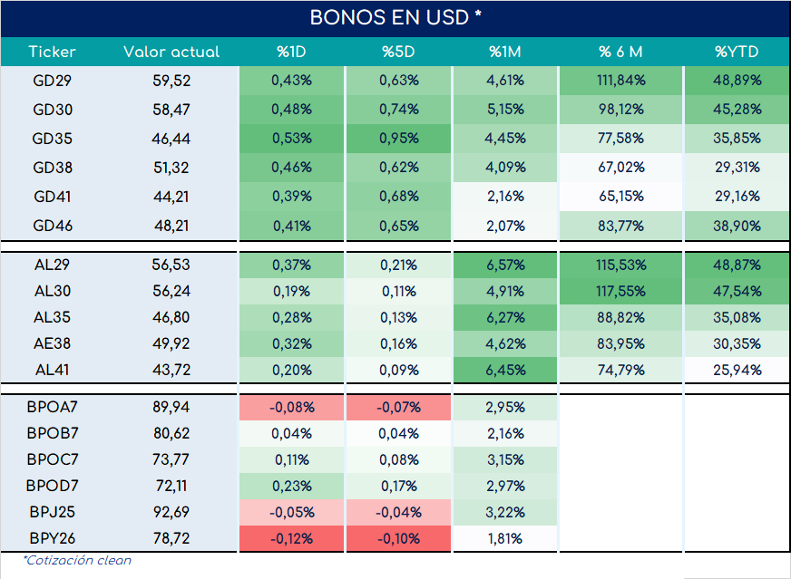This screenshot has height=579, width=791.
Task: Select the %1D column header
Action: tap(291, 52)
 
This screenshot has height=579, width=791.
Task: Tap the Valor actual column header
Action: tap(171, 52)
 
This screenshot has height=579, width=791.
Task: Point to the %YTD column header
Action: tap(737, 52)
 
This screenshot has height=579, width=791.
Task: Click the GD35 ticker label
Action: tap(52, 139)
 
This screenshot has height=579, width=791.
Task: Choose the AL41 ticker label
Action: tap(52, 370)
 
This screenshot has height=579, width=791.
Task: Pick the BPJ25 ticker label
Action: tap(52, 512)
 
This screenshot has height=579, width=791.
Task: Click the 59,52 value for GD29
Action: tap(171, 81)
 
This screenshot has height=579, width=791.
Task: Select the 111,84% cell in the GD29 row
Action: tap(621, 81)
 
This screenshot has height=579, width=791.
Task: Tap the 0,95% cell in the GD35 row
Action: tap(398, 139)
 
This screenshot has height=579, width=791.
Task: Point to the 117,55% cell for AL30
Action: tap(621, 291)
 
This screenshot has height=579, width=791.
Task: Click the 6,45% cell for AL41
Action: tap(505, 371)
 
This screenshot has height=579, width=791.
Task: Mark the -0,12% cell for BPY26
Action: tap(291, 539)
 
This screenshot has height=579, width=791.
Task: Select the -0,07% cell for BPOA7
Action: tap(398, 407)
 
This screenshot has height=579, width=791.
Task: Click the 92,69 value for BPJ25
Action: tap(171, 512)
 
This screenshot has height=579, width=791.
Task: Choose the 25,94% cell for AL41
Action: tap(737, 371)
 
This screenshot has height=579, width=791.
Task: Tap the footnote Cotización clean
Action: tap(77, 560)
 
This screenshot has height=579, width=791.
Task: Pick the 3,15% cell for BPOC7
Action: tap(505, 460)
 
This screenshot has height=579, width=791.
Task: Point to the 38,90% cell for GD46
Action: tap(737, 226)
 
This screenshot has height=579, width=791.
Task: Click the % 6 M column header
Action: tap(620, 52)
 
